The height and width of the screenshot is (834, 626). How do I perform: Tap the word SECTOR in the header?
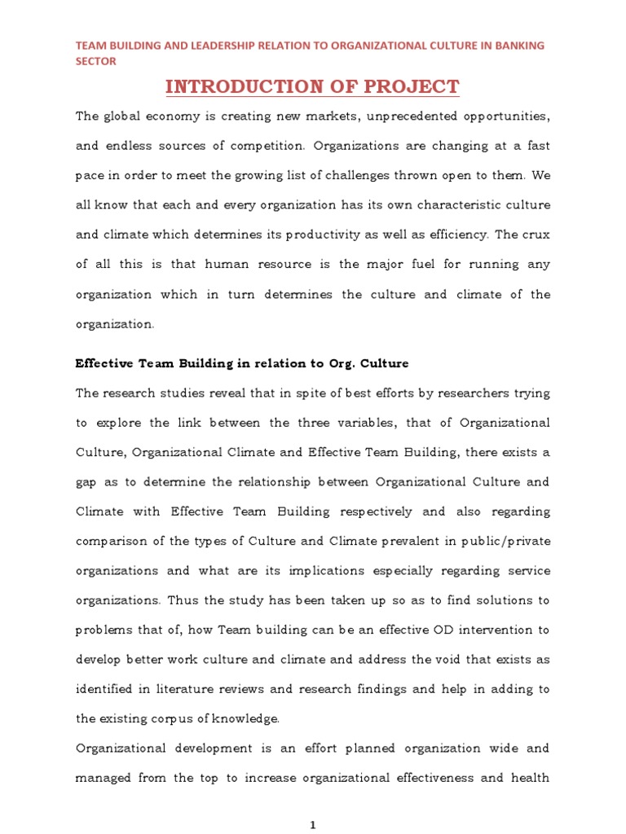pos(96,61)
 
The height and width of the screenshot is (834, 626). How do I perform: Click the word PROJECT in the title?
pos(413,86)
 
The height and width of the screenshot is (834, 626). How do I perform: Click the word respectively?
pos(377,511)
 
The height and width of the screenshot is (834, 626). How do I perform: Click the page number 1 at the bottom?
pos(312,825)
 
